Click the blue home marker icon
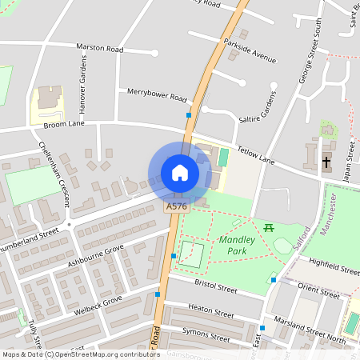click(180, 173)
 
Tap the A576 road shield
click(177, 206)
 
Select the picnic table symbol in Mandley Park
click(270, 228)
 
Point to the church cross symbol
click(326, 162)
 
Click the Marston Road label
click(100, 49)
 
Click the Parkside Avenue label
click(250, 50)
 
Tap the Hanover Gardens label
click(82, 88)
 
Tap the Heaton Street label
click(210, 307)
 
